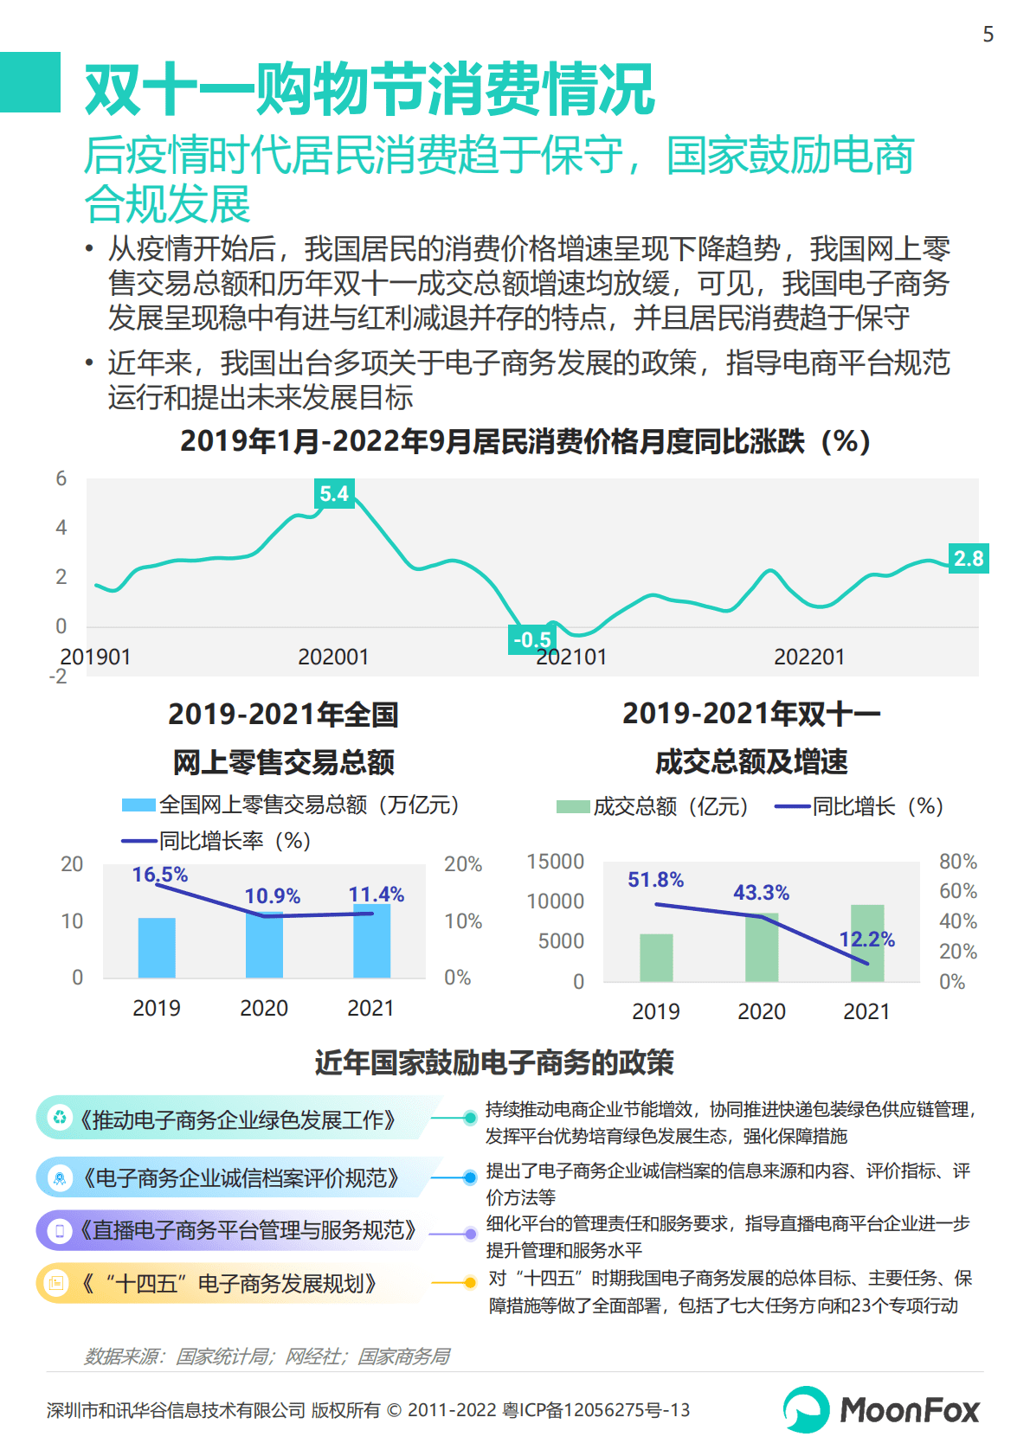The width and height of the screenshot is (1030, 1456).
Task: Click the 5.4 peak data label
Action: click(x=334, y=494)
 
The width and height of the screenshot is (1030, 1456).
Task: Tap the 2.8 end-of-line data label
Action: click(x=969, y=559)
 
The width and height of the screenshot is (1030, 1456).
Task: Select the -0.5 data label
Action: click(x=531, y=640)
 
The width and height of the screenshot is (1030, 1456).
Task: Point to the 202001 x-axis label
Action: click(x=333, y=657)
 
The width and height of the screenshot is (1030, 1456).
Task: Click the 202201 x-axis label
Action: click(x=808, y=657)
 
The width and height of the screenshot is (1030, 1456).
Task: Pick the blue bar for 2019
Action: click(x=157, y=948)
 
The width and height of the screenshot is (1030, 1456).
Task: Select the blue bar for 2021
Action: click(x=371, y=941)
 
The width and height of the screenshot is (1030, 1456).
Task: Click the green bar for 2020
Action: click(x=762, y=947)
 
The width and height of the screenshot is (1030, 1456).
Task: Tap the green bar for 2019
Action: click(x=656, y=958)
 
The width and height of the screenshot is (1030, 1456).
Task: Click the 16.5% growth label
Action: click(x=160, y=875)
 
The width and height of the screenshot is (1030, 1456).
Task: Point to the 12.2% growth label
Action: click(x=866, y=940)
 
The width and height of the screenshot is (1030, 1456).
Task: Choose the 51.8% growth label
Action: click(x=655, y=880)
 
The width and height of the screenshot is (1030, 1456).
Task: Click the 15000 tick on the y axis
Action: click(x=556, y=862)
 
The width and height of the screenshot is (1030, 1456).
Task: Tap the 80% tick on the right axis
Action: click(x=957, y=862)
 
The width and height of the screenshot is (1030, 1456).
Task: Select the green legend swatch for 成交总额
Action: click(x=572, y=807)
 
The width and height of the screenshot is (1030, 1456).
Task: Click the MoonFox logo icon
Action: click(x=807, y=1409)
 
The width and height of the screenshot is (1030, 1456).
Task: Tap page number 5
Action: click(x=988, y=35)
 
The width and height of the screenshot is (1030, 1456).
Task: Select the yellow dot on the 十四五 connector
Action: click(x=470, y=1282)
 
